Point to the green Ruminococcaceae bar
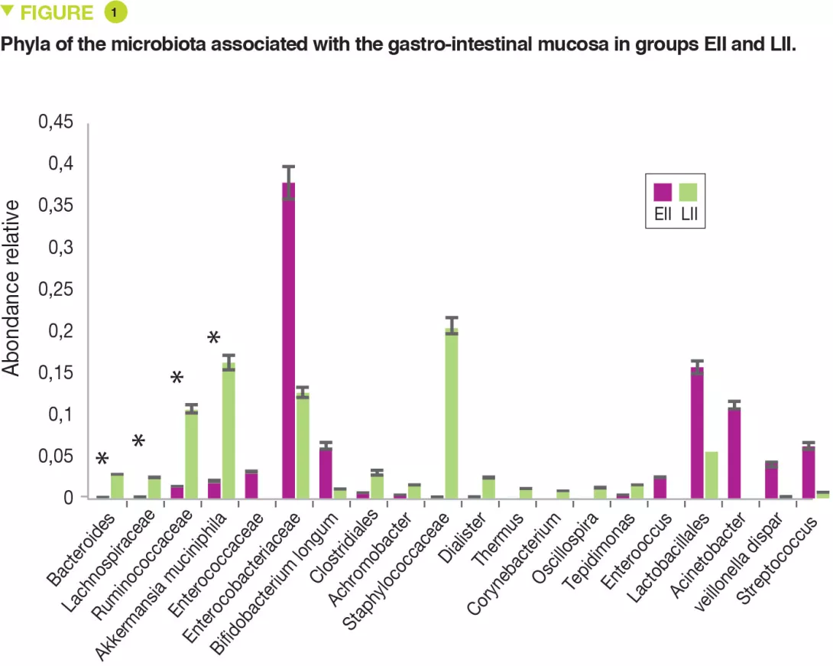191,455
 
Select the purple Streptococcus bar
809,474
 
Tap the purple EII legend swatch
663,193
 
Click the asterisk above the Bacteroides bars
102,459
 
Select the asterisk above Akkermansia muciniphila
214,338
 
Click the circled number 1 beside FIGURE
115,13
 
